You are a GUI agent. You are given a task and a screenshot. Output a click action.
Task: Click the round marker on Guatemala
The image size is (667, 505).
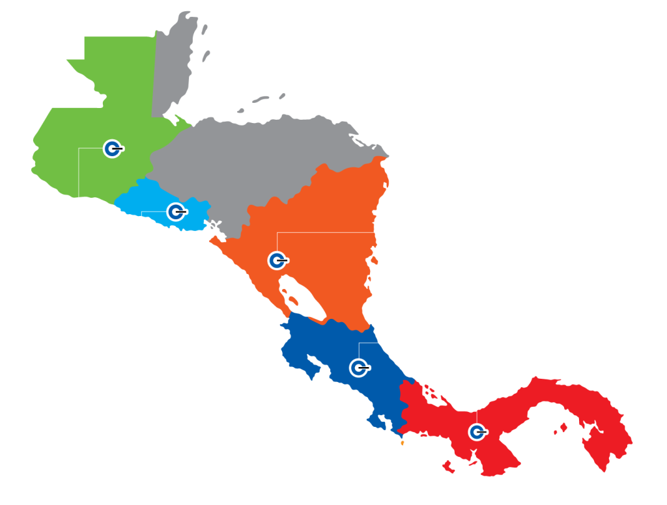point(112,149)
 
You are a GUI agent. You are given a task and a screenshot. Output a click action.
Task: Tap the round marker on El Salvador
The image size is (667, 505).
point(175,212)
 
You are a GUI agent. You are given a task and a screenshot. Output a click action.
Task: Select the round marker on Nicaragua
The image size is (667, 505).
point(277,260)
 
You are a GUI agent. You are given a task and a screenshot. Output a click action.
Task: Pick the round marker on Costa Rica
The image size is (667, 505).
point(358,368)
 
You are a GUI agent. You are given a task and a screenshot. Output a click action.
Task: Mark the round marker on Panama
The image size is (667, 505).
point(477,431)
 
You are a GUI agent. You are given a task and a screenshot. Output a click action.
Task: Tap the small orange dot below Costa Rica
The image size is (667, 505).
point(403,444)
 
